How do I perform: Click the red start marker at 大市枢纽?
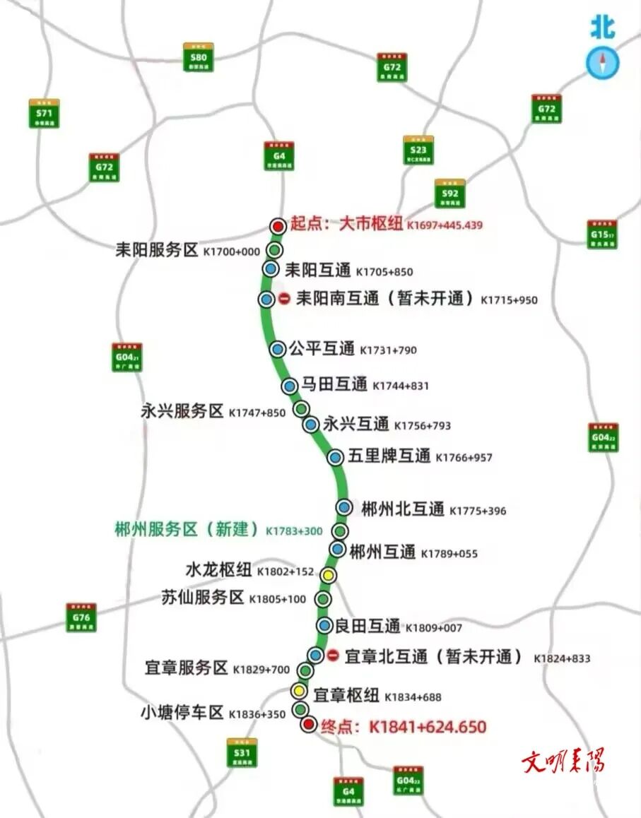(278, 226)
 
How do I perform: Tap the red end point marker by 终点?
(308, 725)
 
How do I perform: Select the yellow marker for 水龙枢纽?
(327, 575)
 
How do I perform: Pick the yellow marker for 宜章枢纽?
(299, 691)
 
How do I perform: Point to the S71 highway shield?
(44, 113)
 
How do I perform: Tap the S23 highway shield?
(418, 150)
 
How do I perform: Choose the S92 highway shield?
(449, 193)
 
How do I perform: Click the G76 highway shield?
(81, 617)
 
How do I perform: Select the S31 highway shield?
(242, 753)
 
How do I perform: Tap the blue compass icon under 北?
(603, 63)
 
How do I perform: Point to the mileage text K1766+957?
(464, 458)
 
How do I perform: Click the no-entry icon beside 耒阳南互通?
(284, 299)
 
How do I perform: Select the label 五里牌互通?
(389, 456)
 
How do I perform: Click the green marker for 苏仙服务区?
(323, 600)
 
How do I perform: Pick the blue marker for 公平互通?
(278, 348)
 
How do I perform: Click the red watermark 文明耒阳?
(563, 761)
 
